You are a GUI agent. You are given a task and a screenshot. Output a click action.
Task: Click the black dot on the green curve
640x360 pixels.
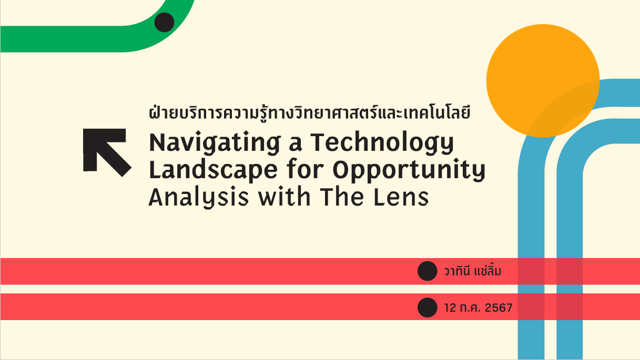pos(164,22)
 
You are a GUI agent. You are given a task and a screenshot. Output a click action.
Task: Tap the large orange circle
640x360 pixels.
pos(543,81)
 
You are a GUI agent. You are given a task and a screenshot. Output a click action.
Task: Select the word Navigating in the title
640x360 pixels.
pos(215,143)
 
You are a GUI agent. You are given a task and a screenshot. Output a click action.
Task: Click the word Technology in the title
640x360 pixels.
pos(382,143)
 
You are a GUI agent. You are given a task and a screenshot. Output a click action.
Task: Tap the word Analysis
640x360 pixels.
pos(199,198)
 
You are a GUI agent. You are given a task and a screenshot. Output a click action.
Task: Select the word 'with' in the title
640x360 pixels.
pos(285,197)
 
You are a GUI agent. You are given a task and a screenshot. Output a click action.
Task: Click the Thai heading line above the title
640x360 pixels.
pos(309,112)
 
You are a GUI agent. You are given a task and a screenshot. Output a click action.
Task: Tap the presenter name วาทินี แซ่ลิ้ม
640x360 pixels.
pos(473,271)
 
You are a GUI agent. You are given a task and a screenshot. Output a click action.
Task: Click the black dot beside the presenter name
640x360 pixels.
pos(428,271)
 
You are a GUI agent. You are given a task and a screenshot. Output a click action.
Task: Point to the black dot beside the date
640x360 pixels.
pos(428,307)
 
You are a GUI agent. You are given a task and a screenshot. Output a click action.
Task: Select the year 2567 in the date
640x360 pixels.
pos(499,308)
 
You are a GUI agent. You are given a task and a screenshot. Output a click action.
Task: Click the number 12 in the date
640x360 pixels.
pos(450,308)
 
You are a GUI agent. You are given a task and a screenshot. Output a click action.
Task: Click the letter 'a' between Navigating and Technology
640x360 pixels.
pos(296,145)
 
